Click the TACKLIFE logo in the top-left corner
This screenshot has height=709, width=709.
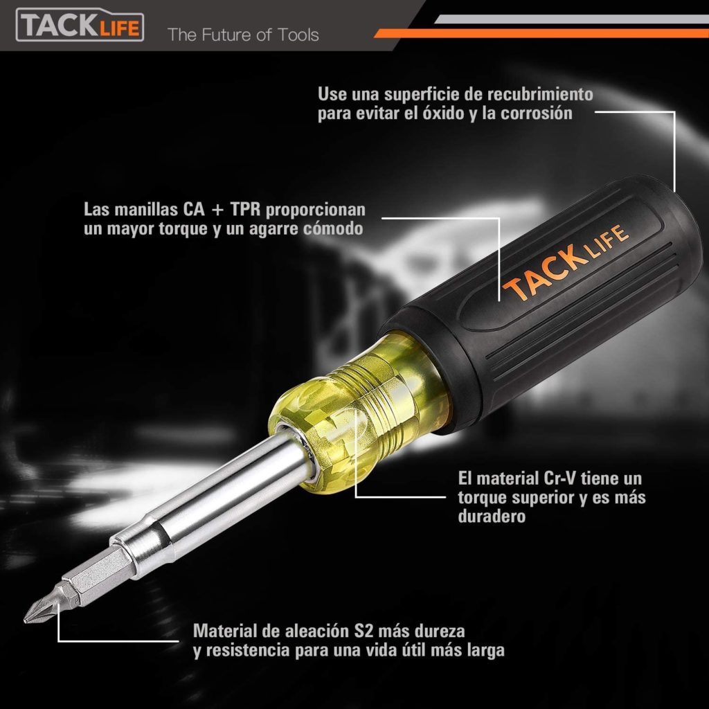coord(80,26)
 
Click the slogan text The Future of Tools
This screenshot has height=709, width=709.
coord(243,35)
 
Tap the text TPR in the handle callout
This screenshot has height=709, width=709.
coord(246,209)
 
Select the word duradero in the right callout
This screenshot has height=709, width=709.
coord(492,517)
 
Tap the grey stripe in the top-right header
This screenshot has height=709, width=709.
coord(571,19)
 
